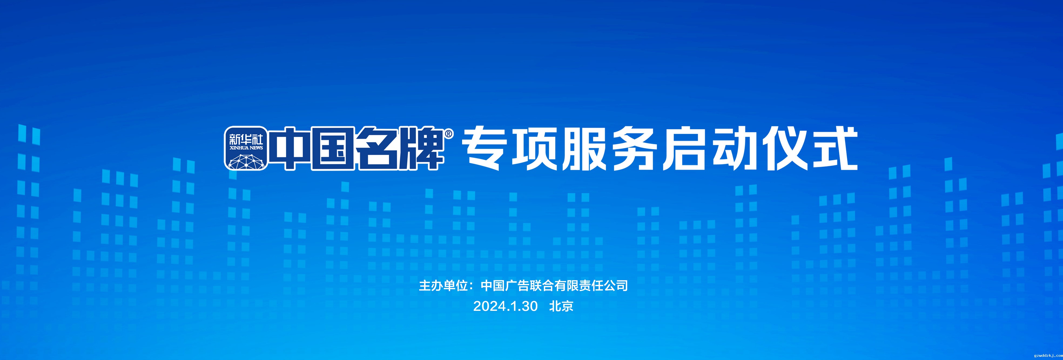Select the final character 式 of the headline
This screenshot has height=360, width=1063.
coord(837,149)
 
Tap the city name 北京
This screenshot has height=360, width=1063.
coord(561,306)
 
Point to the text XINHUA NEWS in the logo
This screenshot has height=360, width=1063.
coord(246,148)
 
